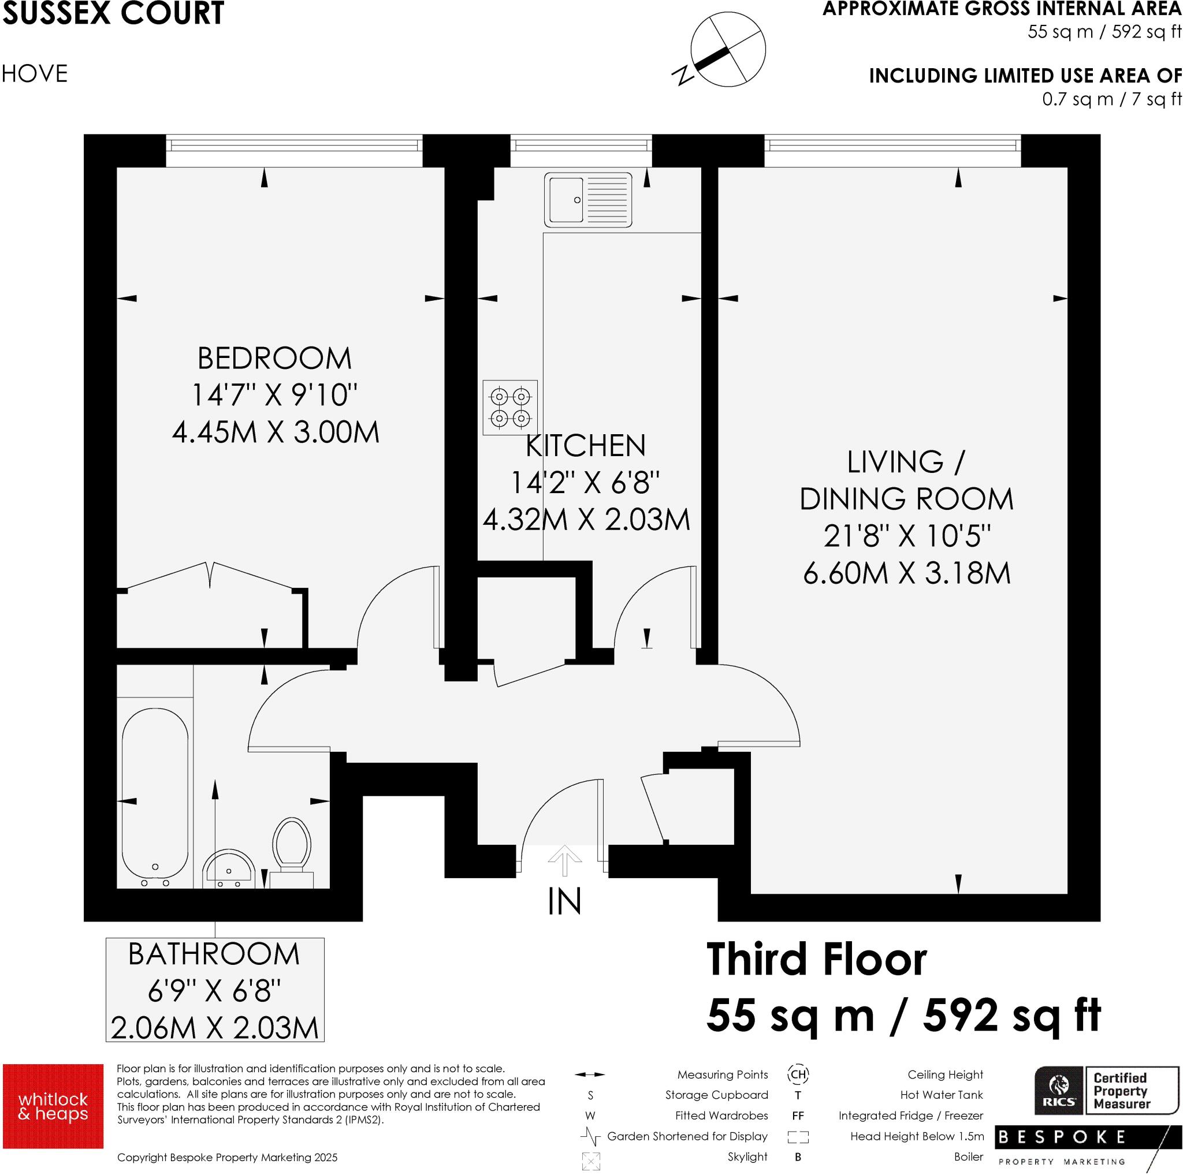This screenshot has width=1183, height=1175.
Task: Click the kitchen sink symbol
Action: (588, 200)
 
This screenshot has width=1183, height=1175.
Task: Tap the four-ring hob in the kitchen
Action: (510, 408)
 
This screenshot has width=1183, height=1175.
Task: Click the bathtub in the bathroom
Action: (155, 796)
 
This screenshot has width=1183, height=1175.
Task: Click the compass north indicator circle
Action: (727, 49)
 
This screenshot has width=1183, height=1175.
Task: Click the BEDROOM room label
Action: (274, 359)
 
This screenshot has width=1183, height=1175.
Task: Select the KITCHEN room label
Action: (585, 446)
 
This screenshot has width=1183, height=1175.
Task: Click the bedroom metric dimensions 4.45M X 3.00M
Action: (276, 432)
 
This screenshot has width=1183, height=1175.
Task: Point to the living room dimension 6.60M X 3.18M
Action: (906, 573)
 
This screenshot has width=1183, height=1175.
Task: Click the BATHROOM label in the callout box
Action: (214, 954)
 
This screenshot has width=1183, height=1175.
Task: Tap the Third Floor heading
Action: (816, 960)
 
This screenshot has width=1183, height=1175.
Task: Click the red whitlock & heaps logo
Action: (53, 1106)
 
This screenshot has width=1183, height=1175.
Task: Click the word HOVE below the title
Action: (34, 74)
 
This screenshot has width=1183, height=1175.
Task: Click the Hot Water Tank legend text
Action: (941, 1095)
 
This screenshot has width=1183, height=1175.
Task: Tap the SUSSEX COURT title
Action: (113, 13)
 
